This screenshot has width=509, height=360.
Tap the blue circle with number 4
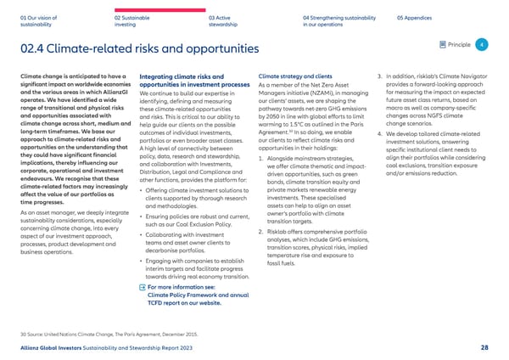tap(482, 44)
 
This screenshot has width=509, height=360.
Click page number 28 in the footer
tap(484, 346)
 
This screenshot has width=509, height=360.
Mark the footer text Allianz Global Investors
tap(55, 346)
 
